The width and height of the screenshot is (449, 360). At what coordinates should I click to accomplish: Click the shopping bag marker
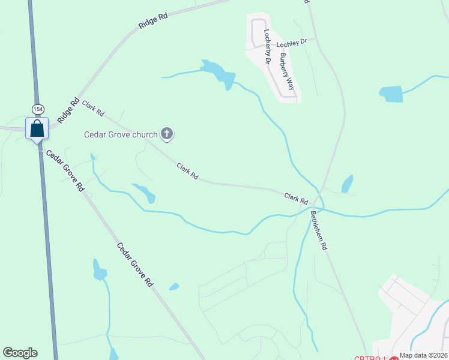(x=37, y=128)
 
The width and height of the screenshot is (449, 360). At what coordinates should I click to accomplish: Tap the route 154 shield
(x=38, y=109)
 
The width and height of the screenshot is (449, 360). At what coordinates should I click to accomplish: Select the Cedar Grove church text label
(x=120, y=134)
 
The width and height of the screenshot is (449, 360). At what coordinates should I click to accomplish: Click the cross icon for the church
(x=167, y=134)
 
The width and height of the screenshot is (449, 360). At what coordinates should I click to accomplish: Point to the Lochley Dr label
(x=291, y=43)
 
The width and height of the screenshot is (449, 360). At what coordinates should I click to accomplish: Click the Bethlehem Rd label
(x=319, y=230)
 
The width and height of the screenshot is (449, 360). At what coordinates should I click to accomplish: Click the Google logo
(x=20, y=353)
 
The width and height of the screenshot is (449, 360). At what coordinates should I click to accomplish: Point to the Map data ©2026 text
(x=423, y=355)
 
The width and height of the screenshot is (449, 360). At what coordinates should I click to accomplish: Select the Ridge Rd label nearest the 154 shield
(x=68, y=111)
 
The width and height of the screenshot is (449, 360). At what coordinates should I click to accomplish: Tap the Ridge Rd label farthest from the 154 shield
(x=152, y=20)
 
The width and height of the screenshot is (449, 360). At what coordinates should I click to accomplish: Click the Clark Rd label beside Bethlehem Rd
(x=296, y=197)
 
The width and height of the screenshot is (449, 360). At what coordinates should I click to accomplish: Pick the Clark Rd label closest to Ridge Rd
(x=94, y=109)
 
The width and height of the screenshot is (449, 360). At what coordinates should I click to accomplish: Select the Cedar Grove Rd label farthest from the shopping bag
(x=135, y=264)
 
